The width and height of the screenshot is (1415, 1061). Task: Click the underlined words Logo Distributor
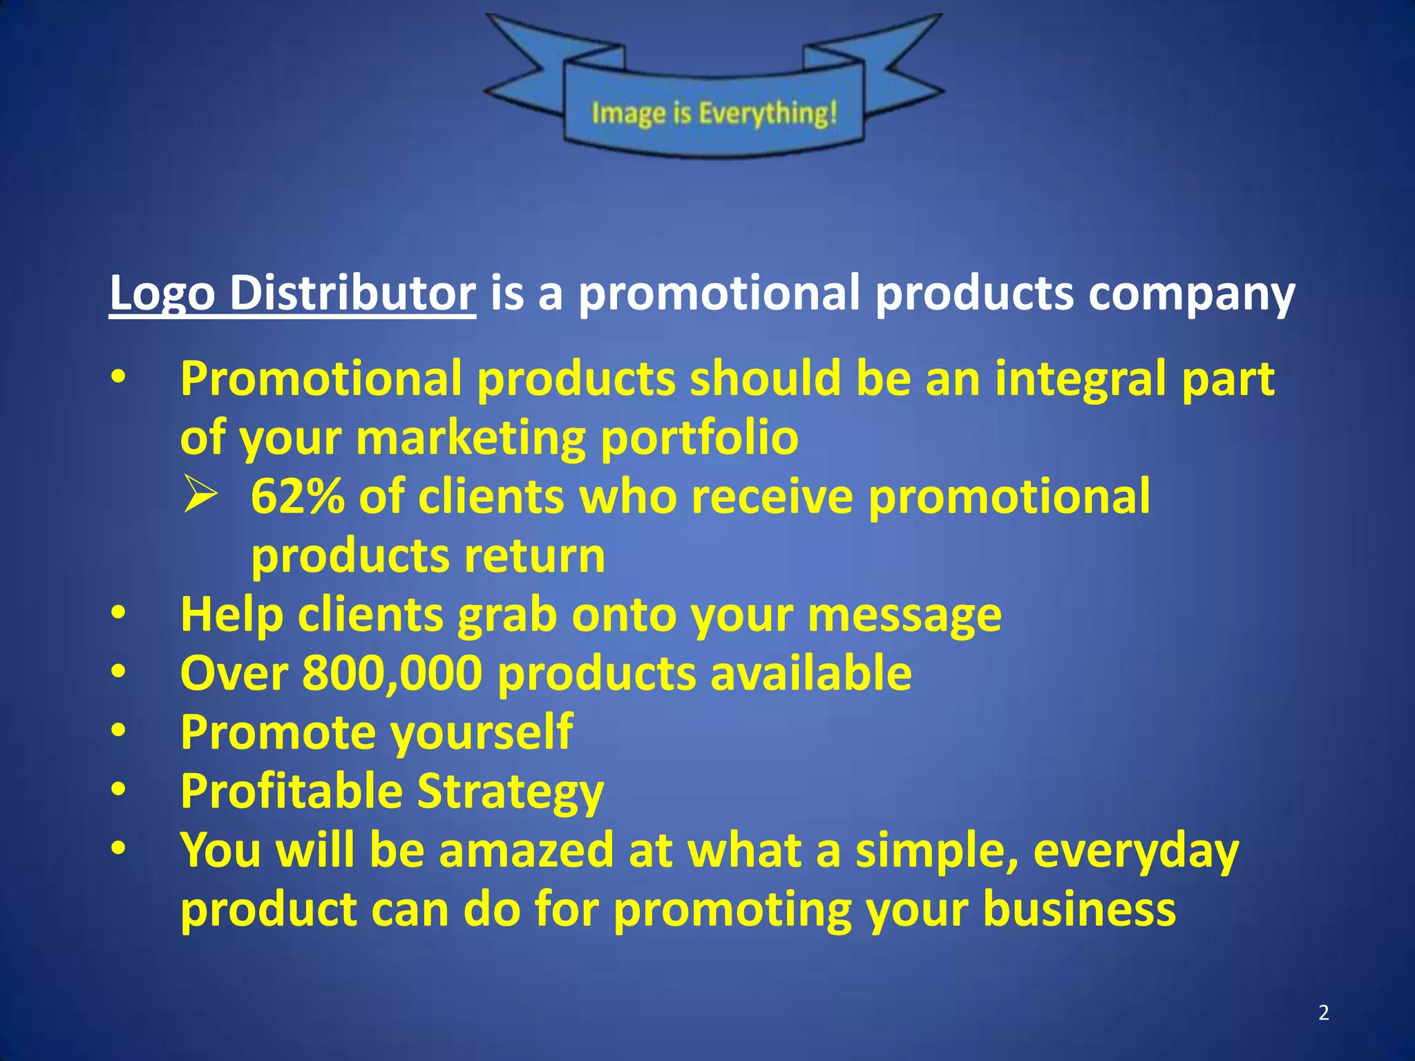pos(292,293)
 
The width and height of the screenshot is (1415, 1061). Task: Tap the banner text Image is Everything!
pos(714,113)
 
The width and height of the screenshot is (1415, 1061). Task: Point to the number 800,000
pos(392,673)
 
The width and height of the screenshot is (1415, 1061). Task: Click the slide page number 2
pos(1323,1013)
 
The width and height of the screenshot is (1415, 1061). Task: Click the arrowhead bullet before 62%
pos(200,497)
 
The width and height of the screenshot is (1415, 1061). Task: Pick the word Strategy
pos(511,792)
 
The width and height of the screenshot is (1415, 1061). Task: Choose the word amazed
pos(526,850)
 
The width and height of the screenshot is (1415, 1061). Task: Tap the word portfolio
pos(699,438)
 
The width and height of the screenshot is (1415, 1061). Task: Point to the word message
pos(904,615)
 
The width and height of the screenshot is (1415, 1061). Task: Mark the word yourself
pos(481,732)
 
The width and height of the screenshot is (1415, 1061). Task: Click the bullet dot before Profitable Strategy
pos(119,790)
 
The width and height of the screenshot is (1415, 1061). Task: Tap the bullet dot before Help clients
pos(119,613)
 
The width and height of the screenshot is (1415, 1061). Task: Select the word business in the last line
pos(1079,909)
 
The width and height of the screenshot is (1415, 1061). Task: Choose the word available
pos(811,673)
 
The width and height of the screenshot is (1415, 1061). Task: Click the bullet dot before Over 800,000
pos(119,672)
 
